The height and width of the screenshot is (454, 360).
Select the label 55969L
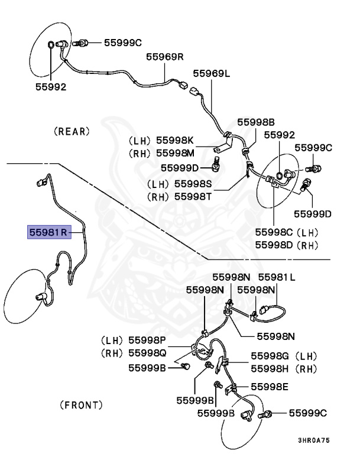coord(211,74)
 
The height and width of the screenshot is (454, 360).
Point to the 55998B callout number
coord(256,122)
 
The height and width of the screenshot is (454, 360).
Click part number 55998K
coord(174,141)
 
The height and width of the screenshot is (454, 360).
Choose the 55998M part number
coord(174,153)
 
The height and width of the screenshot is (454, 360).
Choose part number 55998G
coord(270,356)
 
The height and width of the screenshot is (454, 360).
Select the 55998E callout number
coord(270,387)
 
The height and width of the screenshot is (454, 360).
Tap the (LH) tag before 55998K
coord(140,141)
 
